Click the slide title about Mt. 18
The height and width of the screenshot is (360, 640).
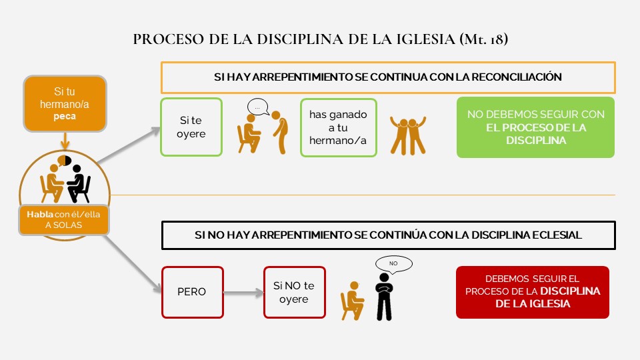coord(321,39)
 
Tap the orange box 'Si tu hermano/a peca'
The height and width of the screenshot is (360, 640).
coord(65,103)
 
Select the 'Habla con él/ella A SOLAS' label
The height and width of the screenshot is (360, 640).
coord(65,221)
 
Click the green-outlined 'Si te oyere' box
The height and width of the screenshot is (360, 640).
coord(192,127)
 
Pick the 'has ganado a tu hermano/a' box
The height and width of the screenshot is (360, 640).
coord(338,127)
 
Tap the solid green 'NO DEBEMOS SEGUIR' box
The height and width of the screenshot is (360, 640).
coord(535,127)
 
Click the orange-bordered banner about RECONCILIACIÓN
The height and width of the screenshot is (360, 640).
coord(387,77)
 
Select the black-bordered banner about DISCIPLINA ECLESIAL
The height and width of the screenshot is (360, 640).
coord(387,235)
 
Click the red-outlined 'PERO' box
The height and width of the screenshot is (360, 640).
coord(192,292)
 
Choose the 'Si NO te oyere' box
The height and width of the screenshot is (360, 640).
coord(294,292)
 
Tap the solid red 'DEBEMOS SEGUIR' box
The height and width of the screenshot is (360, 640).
coord(532,292)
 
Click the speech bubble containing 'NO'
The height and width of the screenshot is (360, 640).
coord(393,264)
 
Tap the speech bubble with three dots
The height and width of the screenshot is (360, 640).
coord(257,107)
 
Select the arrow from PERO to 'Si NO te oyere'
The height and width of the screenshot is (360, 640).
coord(243,292)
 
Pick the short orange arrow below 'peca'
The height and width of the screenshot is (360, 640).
coord(65,140)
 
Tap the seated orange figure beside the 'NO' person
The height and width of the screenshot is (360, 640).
coord(351,298)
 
